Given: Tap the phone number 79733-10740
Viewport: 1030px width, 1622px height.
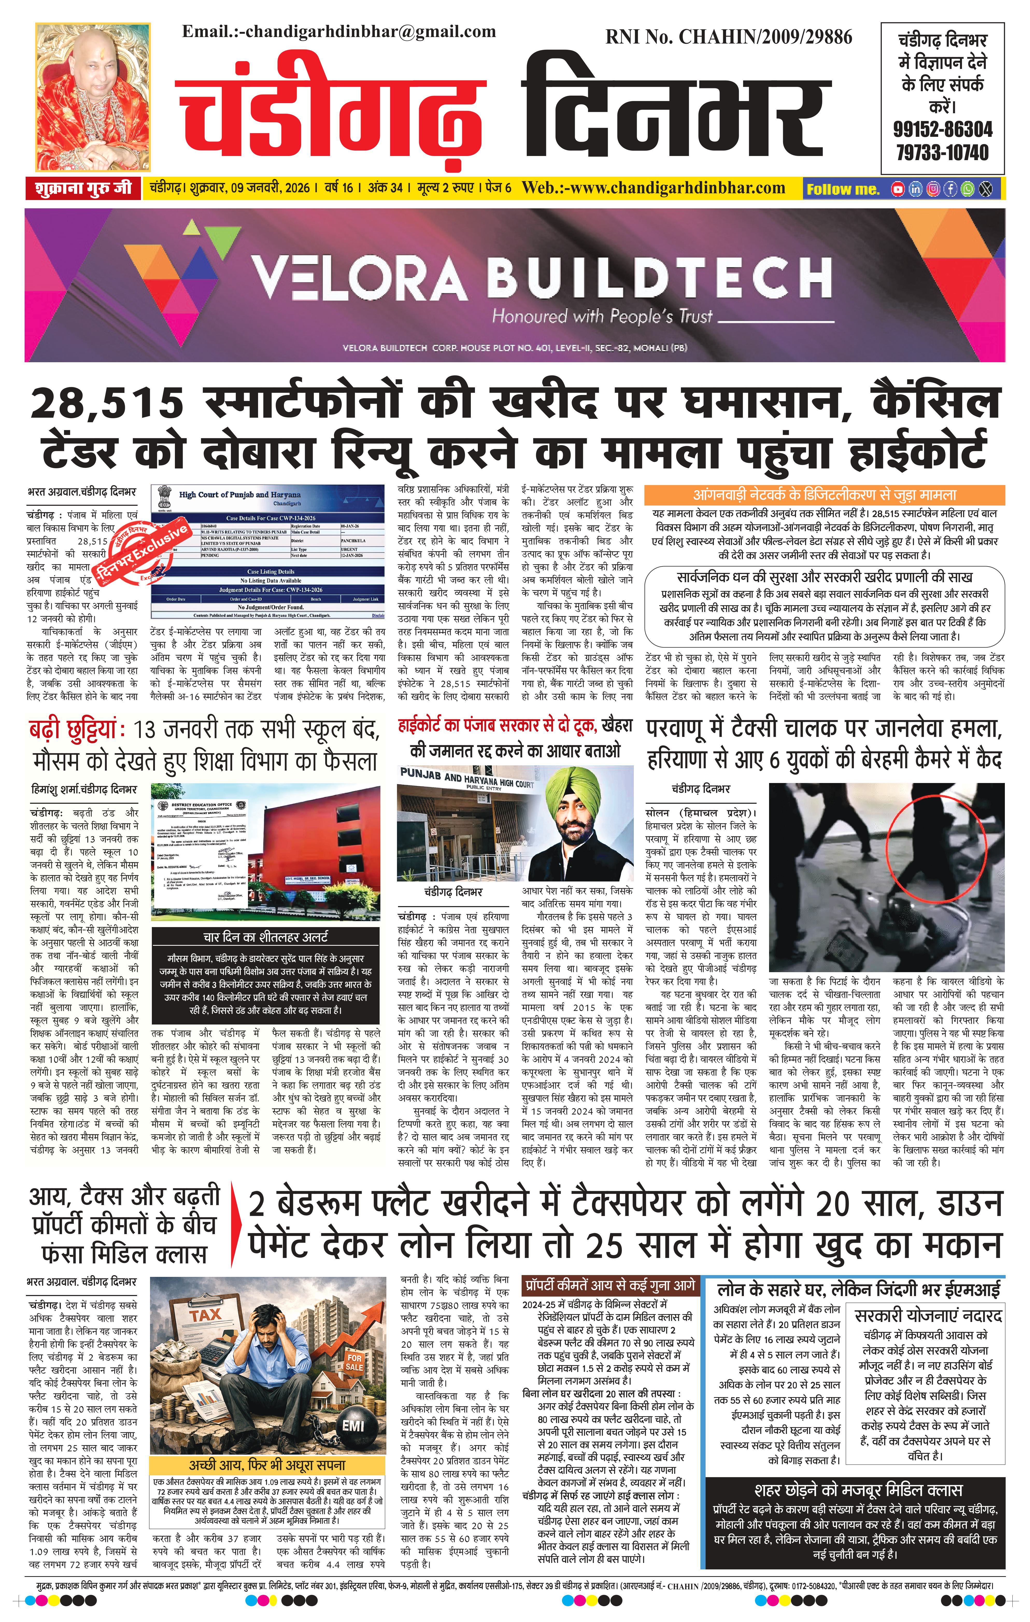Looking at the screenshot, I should [x=942, y=152].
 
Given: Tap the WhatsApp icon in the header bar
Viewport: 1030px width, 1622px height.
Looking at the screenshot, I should [x=967, y=189].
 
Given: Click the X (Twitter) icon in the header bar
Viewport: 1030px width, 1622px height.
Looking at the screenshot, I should [x=985, y=189].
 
